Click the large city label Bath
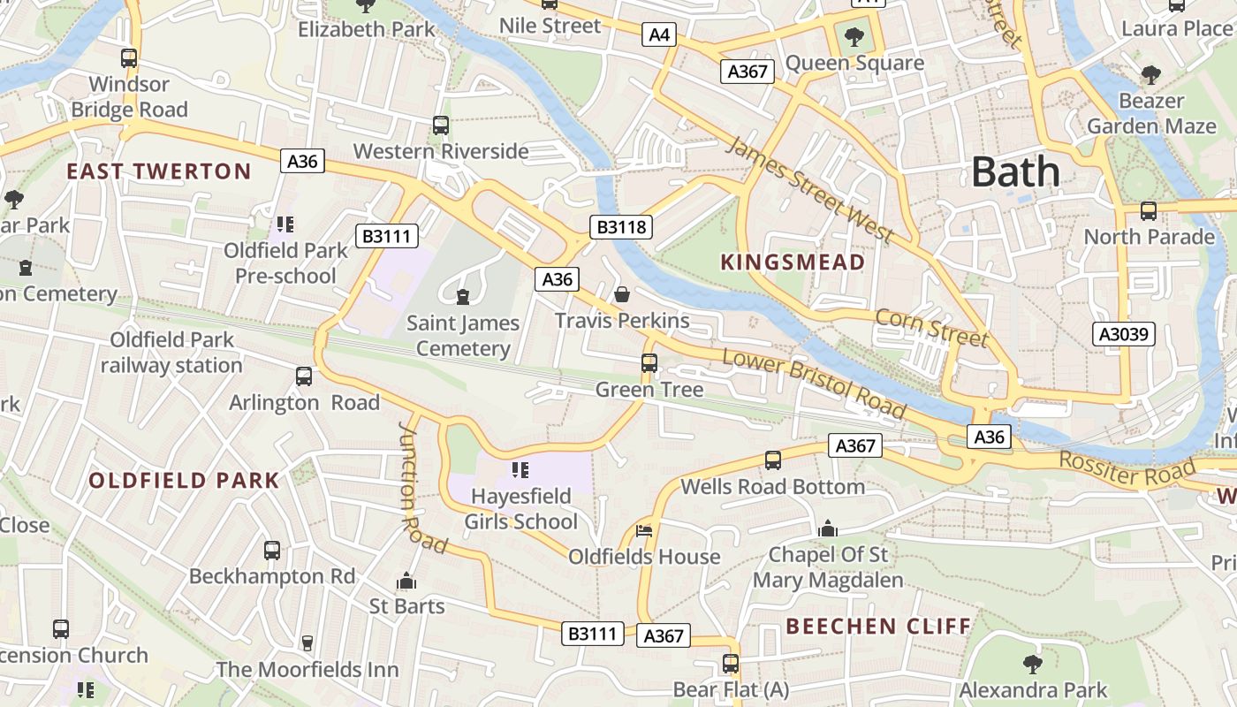1015,172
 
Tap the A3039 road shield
1124,334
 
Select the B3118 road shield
622,227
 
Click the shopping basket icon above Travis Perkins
622,293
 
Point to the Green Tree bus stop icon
649,362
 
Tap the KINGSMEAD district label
793,262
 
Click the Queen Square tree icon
854,37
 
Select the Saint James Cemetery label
463,336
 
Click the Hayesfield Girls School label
521,509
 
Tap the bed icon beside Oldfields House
644,531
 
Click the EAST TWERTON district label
159,171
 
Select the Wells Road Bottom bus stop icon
773,460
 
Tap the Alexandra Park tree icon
1032,664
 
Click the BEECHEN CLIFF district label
878,627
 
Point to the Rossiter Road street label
1127,469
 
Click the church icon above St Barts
406,581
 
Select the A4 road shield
659,35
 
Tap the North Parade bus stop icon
1149,211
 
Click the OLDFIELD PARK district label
184,481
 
